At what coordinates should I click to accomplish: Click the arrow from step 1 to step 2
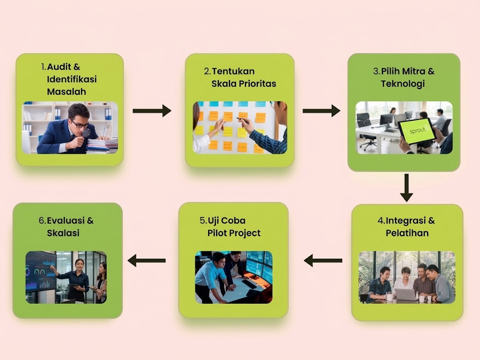pyautogui.click(x=152, y=111)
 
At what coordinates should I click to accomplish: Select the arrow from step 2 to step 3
pyautogui.click(x=322, y=111)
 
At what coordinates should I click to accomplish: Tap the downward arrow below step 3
pyautogui.click(x=406, y=188)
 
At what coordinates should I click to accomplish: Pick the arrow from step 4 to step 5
pyautogui.click(x=323, y=261)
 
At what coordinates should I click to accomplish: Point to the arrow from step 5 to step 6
pyautogui.click(x=147, y=261)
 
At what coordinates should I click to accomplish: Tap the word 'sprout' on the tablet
pyautogui.click(x=418, y=131)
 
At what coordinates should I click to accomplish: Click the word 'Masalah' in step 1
pyautogui.click(x=67, y=91)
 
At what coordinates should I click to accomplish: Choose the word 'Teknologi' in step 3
pyautogui.click(x=403, y=84)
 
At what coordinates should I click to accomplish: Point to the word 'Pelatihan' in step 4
pyautogui.click(x=407, y=233)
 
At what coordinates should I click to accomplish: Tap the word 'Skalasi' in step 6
pyautogui.click(x=63, y=233)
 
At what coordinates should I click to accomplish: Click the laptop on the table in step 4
pyautogui.click(x=405, y=294)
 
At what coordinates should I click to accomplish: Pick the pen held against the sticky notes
pyautogui.click(x=242, y=120)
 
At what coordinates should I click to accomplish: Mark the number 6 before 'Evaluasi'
pyautogui.click(x=42, y=220)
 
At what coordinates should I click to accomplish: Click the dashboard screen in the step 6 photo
pyautogui.click(x=41, y=271)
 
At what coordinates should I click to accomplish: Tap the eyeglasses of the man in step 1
pyautogui.click(x=80, y=124)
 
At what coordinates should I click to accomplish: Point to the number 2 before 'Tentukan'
pyautogui.click(x=207, y=71)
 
